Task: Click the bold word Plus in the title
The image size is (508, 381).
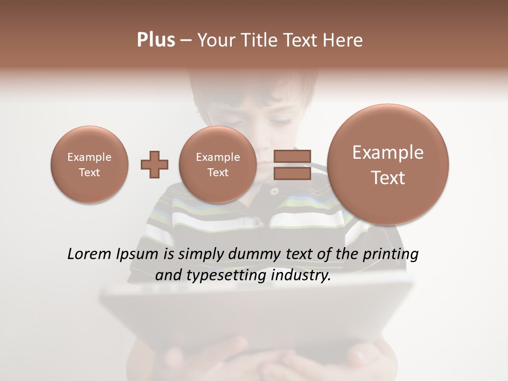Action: coord(156,40)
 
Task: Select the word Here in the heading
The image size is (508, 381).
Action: coord(344,40)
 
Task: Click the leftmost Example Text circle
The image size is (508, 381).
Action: coord(89,165)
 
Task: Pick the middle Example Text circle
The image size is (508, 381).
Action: coord(217,165)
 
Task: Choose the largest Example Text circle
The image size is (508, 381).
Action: coord(388,165)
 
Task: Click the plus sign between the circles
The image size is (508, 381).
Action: coord(155,165)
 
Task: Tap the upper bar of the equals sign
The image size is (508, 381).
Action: coord(292,156)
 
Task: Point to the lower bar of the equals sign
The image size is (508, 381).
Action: coord(292,174)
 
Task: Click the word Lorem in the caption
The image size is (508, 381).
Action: coord(89,254)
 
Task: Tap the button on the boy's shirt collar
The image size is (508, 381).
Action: coord(274,191)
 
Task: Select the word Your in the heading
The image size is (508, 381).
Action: coord(216,40)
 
